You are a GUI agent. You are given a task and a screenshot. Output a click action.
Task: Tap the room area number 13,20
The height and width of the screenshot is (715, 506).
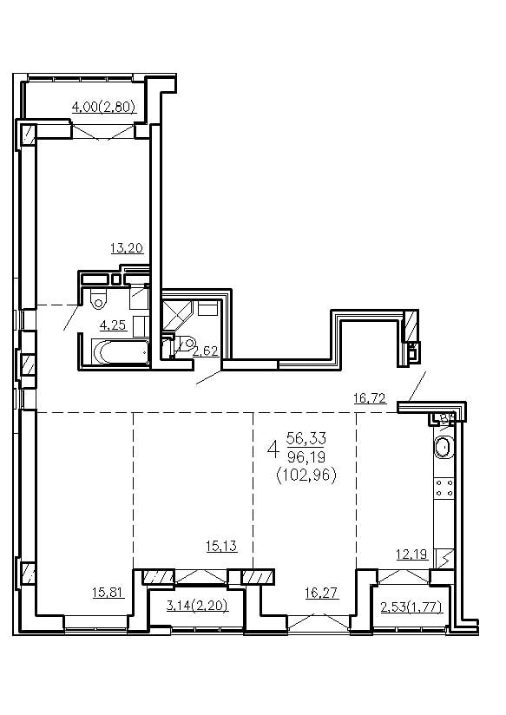tap(127, 248)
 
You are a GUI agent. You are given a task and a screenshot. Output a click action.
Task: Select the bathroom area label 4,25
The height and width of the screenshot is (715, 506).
tap(113, 325)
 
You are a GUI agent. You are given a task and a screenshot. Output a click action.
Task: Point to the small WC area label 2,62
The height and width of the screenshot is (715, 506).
tap(206, 351)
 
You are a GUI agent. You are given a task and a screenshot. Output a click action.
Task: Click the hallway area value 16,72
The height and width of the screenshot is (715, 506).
tap(370, 398)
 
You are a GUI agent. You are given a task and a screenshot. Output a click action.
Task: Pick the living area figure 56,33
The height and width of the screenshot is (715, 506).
tap(306, 438)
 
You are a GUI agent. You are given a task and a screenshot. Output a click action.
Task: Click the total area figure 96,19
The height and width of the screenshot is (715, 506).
tap(306, 456)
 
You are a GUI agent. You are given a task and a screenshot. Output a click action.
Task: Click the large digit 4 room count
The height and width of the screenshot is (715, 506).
tap(273, 449)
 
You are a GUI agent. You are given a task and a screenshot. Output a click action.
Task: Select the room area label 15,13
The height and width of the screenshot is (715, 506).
tap(221, 546)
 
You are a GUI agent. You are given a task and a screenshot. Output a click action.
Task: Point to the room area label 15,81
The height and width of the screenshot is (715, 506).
tap(108, 593)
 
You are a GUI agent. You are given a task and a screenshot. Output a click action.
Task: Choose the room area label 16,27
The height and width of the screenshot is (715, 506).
tap(322, 593)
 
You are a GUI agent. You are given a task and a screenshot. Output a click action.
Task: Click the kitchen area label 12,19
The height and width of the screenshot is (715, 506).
tap(411, 554)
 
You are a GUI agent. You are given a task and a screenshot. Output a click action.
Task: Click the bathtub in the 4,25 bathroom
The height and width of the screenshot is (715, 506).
tap(121, 351)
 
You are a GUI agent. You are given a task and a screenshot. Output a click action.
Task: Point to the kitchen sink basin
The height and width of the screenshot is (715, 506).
tap(443, 447)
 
